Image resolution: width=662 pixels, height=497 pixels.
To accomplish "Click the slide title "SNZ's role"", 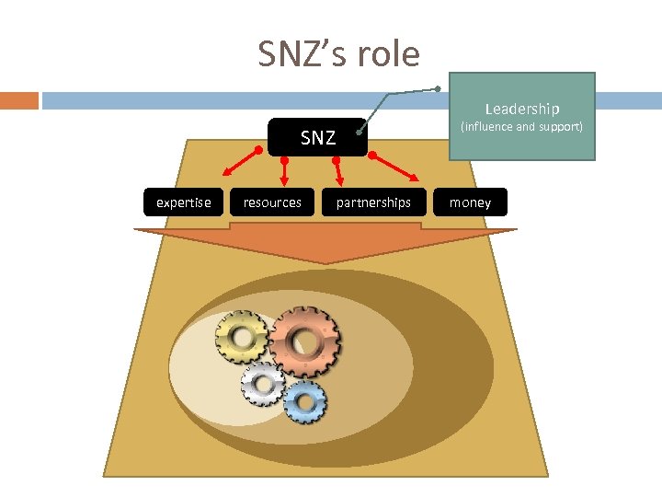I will [338, 54].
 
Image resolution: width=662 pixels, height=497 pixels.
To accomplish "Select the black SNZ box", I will [317, 138].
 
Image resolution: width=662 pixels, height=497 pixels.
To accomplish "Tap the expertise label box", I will [183, 202].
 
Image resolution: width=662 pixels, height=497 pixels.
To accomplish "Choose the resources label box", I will [272, 202].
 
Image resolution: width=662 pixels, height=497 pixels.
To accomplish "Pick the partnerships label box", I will [373, 202].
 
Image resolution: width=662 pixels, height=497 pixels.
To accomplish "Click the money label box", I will [470, 202].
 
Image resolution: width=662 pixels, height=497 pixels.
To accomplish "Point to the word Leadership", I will [522, 109].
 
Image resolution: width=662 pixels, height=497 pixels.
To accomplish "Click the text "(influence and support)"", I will [521, 126].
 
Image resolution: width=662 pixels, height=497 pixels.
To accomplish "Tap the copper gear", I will [305, 341].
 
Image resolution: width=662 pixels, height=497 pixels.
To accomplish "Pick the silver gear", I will [263, 383].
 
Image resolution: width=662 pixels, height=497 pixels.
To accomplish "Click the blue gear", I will [303, 400].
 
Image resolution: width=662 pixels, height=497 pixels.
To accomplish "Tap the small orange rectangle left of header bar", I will [19, 99].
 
